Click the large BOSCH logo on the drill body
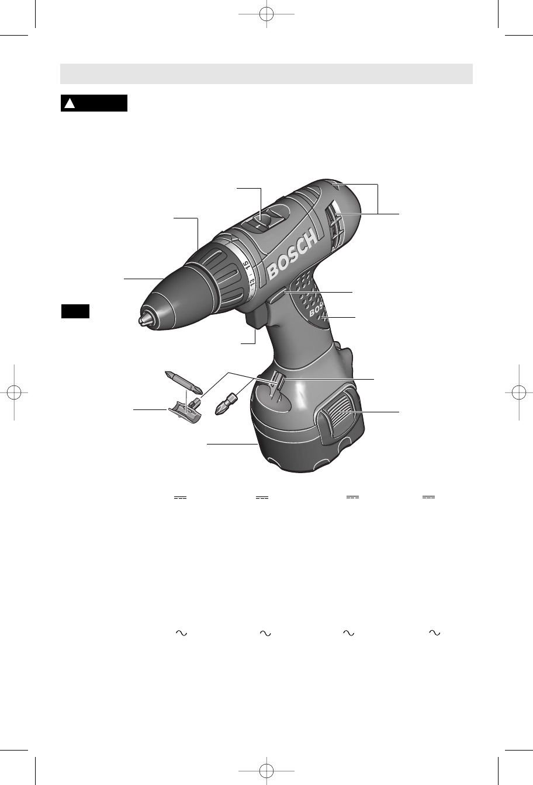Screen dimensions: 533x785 point(292,255)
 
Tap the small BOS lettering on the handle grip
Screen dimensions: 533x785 point(316,311)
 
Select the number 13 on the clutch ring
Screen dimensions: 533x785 point(252,283)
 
